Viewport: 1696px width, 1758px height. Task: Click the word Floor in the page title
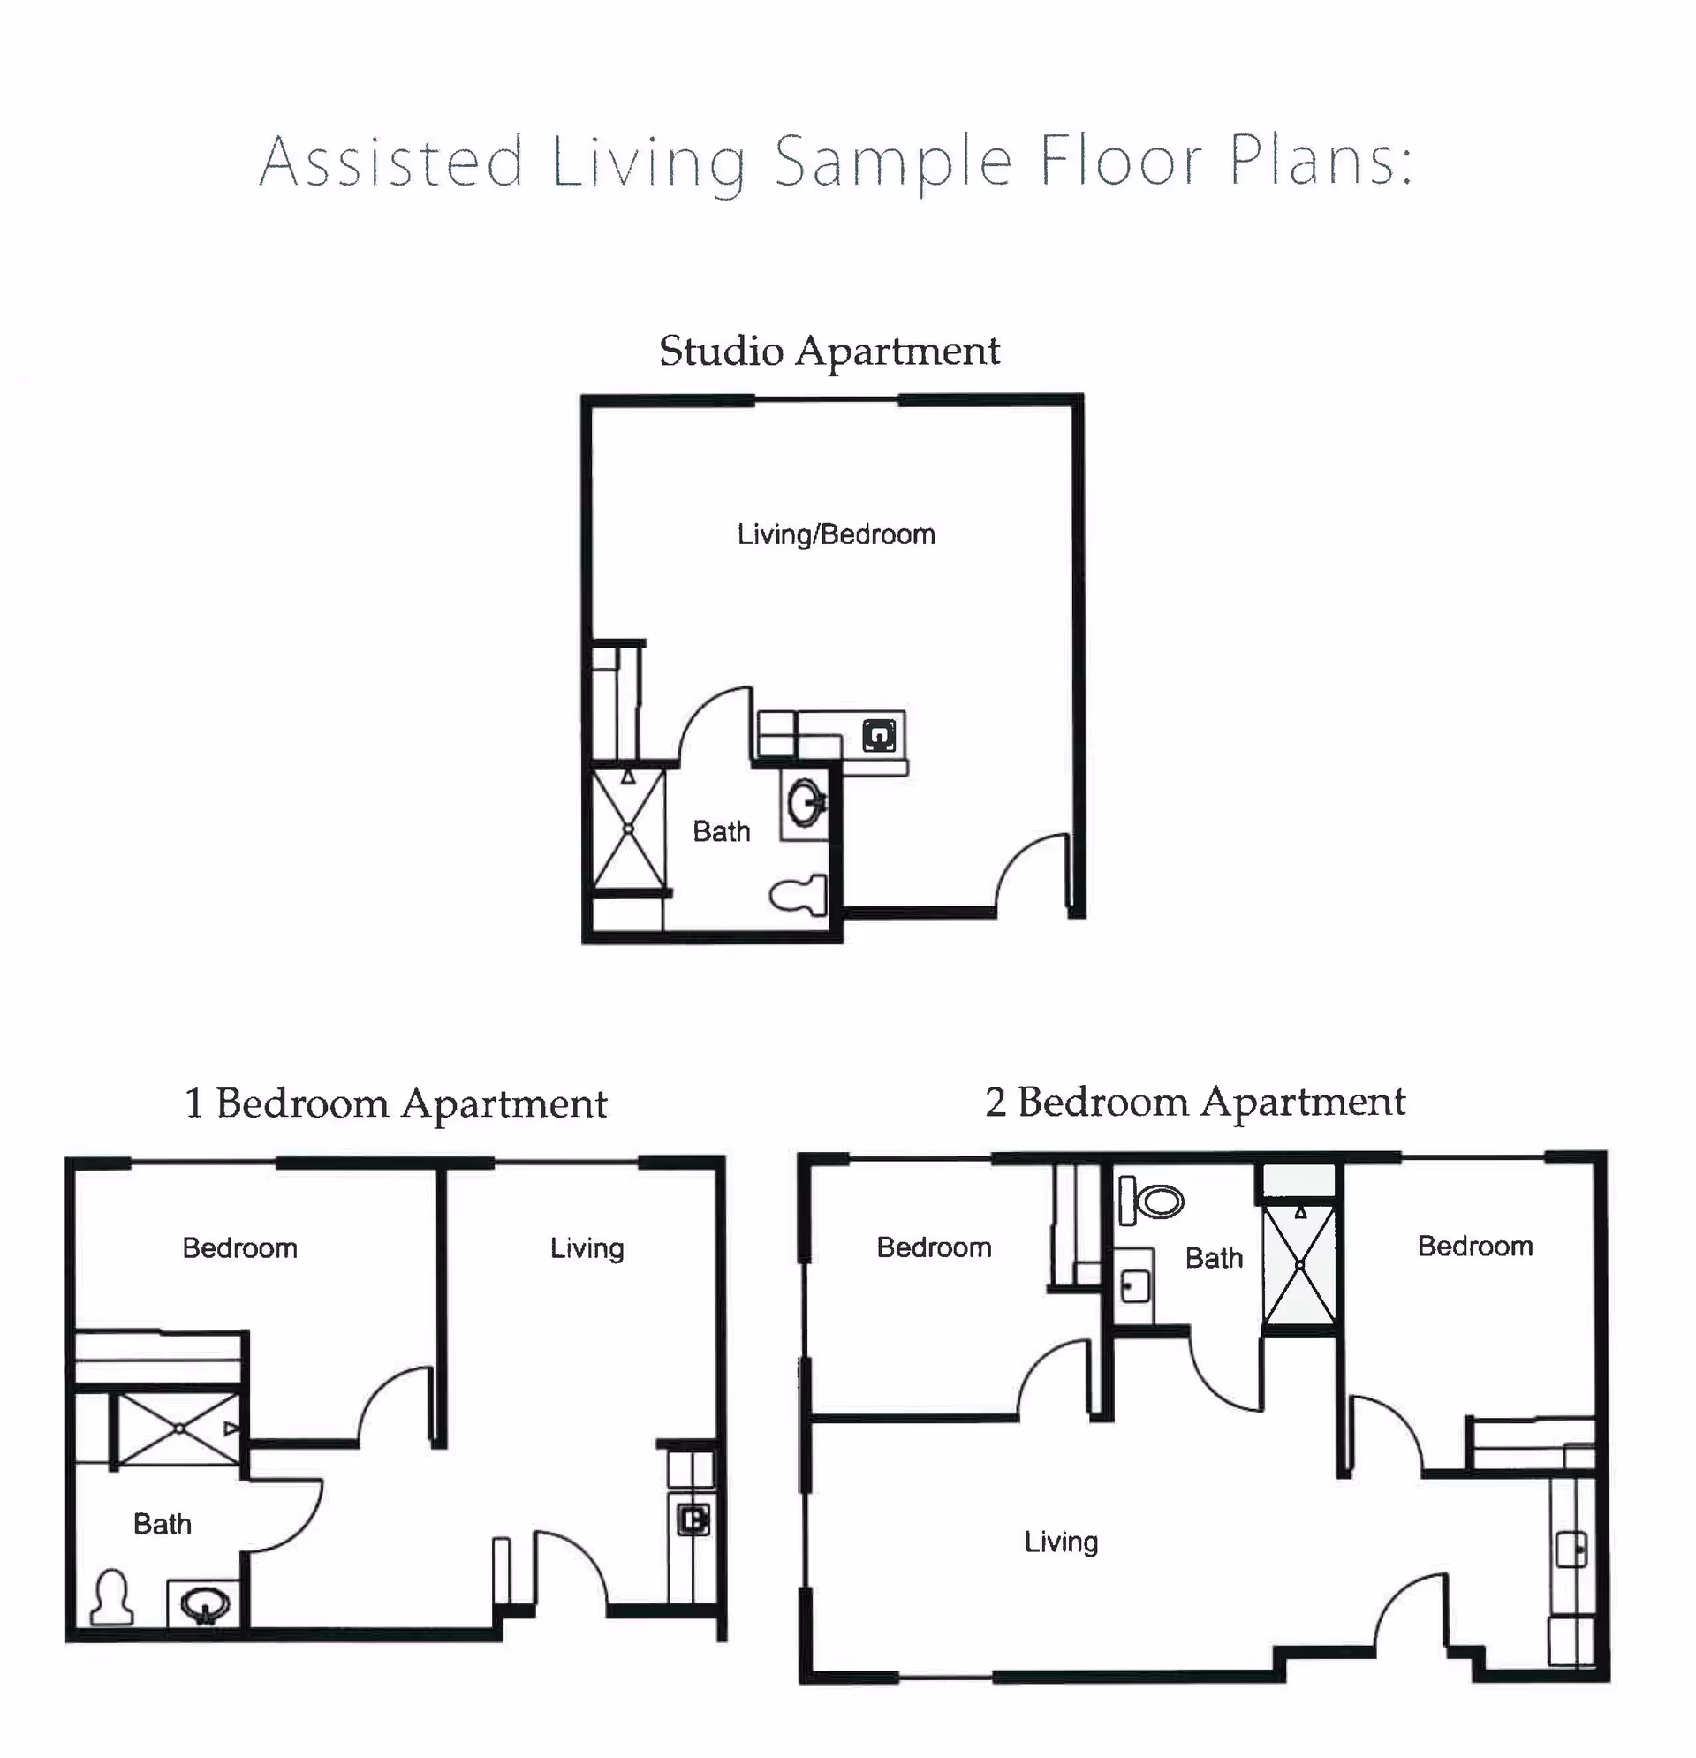[x=1120, y=162]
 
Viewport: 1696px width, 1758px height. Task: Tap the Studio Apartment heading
[x=829, y=351]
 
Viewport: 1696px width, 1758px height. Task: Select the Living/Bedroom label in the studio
[x=836, y=534]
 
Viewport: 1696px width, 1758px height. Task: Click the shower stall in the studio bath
[x=629, y=830]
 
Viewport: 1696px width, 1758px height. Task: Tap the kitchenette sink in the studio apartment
[x=879, y=736]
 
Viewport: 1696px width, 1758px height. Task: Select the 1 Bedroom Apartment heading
[x=396, y=1104]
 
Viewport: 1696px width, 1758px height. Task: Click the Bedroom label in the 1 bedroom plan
[x=239, y=1247]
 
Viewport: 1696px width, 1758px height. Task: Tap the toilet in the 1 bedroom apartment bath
[x=112, y=1597]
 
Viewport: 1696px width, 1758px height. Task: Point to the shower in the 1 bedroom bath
[x=179, y=1428]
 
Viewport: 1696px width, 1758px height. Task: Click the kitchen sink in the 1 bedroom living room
[x=693, y=1519]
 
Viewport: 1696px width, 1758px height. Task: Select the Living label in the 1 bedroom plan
[x=587, y=1247]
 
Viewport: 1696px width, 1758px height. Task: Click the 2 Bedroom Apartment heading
[x=1194, y=1103]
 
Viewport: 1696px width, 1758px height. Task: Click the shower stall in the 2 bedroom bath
[x=1298, y=1265]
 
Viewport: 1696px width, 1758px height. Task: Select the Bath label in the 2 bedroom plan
[x=1214, y=1257]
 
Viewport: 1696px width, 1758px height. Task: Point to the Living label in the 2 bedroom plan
[x=1061, y=1542]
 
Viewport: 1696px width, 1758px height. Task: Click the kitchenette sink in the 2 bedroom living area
[x=1571, y=1549]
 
